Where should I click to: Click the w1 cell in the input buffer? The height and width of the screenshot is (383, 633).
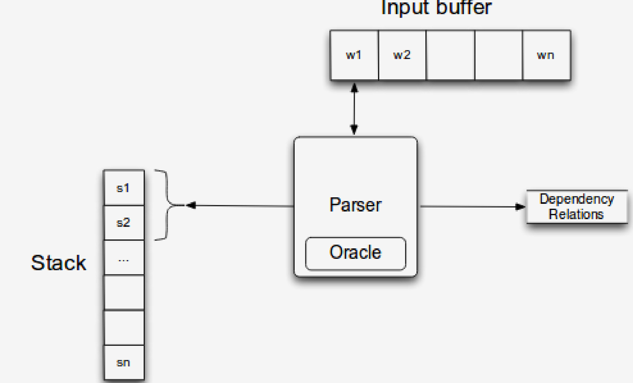[354, 55]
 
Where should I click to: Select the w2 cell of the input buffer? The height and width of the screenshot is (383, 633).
[402, 55]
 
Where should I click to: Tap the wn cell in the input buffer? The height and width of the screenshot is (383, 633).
[546, 55]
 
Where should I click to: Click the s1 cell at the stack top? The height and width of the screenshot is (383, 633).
[124, 188]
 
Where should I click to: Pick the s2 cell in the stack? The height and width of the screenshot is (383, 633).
[124, 223]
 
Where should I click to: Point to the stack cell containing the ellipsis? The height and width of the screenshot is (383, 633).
[124, 258]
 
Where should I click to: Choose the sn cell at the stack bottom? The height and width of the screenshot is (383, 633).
[124, 363]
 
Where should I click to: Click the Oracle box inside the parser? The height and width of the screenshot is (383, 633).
[356, 253]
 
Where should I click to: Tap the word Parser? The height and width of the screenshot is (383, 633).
[356, 205]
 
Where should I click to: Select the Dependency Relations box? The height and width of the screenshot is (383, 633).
[577, 207]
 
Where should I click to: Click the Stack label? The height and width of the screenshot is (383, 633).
[58, 263]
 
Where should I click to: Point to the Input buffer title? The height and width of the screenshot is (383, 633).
[436, 7]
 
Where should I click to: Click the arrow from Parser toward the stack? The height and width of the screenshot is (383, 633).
[240, 206]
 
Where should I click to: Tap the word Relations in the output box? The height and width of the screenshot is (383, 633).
[576, 214]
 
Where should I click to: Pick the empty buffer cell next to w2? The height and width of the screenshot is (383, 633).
[450, 55]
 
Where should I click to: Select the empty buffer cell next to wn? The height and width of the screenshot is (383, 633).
[499, 55]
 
